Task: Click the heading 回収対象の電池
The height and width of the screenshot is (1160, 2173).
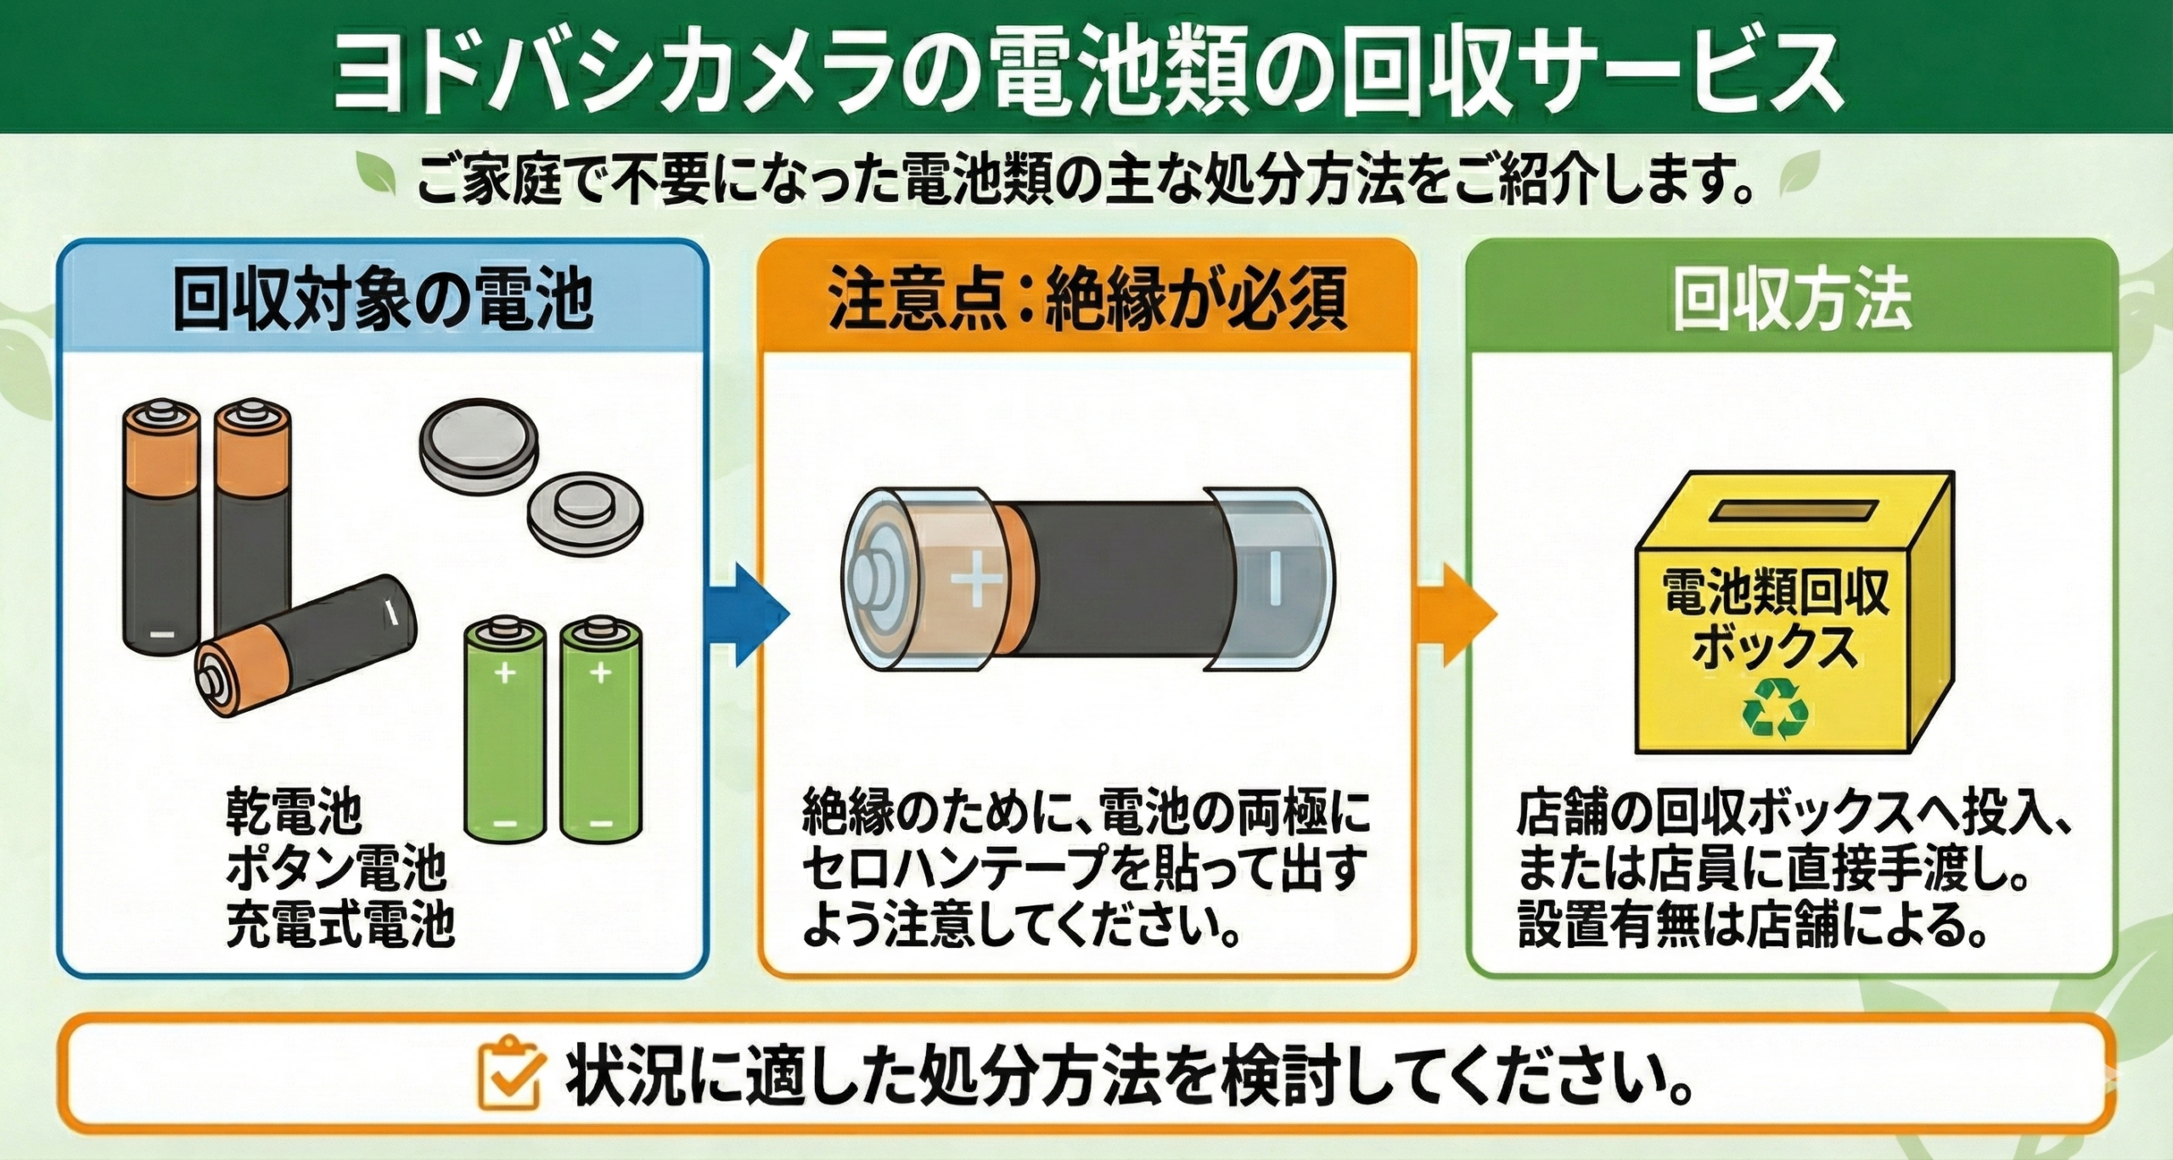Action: [382, 300]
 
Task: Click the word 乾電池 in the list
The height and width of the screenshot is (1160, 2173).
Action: [294, 812]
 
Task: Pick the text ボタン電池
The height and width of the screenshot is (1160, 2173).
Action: [336, 868]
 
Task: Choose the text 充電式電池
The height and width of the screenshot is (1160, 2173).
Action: [340, 924]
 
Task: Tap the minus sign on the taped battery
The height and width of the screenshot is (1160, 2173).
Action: [1274, 580]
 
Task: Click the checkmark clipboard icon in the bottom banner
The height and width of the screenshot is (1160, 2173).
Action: [508, 1073]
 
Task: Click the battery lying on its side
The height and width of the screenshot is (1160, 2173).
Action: [306, 647]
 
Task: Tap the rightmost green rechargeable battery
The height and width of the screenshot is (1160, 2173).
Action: [601, 730]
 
